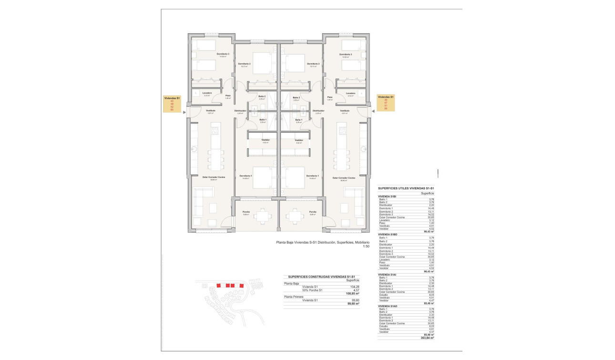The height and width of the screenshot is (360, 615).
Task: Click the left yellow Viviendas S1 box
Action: tap(173, 103)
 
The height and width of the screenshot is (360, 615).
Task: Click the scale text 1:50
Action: tap(366, 247)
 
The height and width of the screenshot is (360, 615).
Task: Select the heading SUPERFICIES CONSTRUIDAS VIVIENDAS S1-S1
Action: tap(322, 277)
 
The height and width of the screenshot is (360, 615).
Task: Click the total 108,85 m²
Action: tap(352, 293)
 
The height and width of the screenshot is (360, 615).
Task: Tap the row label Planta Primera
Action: tap(294, 297)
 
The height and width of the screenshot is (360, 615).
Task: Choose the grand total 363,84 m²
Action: tap(427, 338)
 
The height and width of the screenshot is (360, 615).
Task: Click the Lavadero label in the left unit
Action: tap(207, 93)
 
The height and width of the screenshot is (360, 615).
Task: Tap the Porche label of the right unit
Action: tap(313, 212)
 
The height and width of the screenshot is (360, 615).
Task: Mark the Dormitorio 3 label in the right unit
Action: tap(346, 54)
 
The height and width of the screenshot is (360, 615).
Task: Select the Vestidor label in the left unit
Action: tap(266, 140)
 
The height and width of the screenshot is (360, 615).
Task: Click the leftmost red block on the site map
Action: tap(219, 285)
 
